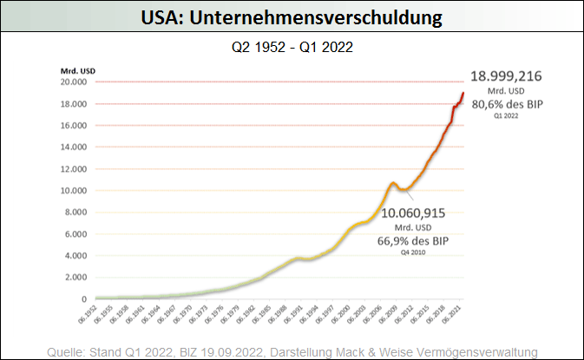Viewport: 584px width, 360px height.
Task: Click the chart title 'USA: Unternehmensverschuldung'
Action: pos(292,16)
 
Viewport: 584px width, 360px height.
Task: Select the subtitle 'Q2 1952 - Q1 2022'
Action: pos(292,48)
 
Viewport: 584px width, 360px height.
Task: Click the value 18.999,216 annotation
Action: pos(506,76)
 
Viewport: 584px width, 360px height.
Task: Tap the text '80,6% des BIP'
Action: pos(506,104)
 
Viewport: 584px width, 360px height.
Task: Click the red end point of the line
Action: pos(463,93)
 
